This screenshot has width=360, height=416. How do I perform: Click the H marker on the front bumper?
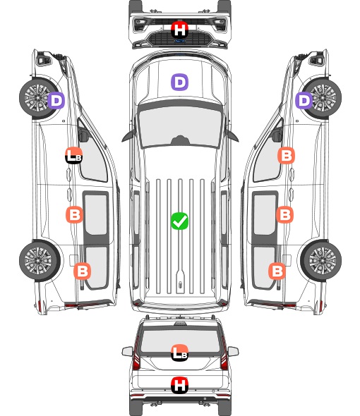point(179,30)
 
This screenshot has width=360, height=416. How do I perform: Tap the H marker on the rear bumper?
point(179,385)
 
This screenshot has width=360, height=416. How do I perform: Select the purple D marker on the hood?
point(179,82)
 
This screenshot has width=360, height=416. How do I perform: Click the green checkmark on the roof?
point(179,221)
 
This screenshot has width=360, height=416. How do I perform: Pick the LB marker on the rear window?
point(179,353)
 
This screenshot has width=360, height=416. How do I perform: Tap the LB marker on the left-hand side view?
point(74,155)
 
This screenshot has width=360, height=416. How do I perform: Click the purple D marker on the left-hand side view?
point(56,100)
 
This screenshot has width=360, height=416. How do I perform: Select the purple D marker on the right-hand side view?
point(304,100)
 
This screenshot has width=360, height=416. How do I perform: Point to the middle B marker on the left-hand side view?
point(74,214)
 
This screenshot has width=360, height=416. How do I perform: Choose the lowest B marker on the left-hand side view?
point(82,271)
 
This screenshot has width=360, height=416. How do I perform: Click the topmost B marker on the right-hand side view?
point(286,155)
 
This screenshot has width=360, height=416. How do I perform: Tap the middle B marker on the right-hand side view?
point(284,214)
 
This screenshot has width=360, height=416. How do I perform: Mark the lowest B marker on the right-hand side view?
point(277,271)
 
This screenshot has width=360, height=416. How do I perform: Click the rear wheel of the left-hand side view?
point(40,261)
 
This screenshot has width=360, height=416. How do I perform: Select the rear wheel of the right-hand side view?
point(321,261)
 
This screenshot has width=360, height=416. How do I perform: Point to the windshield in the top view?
point(180,127)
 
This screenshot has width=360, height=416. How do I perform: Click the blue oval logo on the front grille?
point(180,41)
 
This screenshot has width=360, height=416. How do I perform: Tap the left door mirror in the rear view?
point(127,351)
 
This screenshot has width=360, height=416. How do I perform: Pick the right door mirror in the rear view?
point(233,351)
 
